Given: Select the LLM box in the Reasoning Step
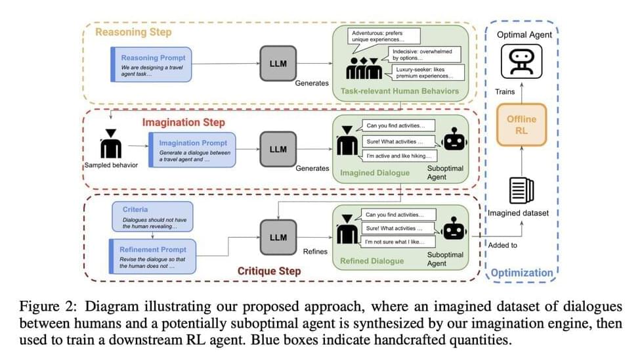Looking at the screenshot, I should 278,64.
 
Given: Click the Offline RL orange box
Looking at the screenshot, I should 521,125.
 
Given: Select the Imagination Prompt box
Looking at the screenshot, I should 190,149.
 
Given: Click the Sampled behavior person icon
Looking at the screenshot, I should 110,143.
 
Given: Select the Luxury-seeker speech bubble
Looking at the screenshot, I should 428,73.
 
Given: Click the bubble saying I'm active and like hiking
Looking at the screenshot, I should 400,156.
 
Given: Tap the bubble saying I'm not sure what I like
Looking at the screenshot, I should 400,242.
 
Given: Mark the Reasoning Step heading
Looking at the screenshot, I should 133,32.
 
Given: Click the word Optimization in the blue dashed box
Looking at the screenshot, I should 522,272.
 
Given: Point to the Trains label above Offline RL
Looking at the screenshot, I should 505,91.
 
